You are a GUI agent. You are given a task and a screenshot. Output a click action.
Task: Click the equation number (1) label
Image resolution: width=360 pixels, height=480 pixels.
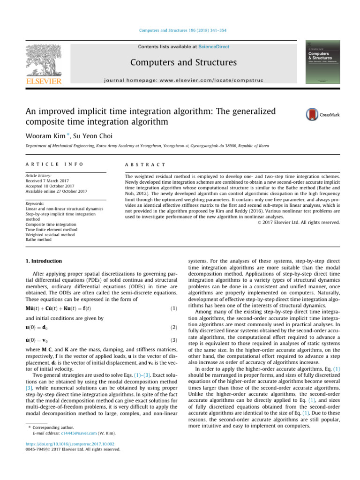[x=172, y=308]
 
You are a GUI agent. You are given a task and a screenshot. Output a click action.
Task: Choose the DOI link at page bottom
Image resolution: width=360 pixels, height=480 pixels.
[x=65, y=443]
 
